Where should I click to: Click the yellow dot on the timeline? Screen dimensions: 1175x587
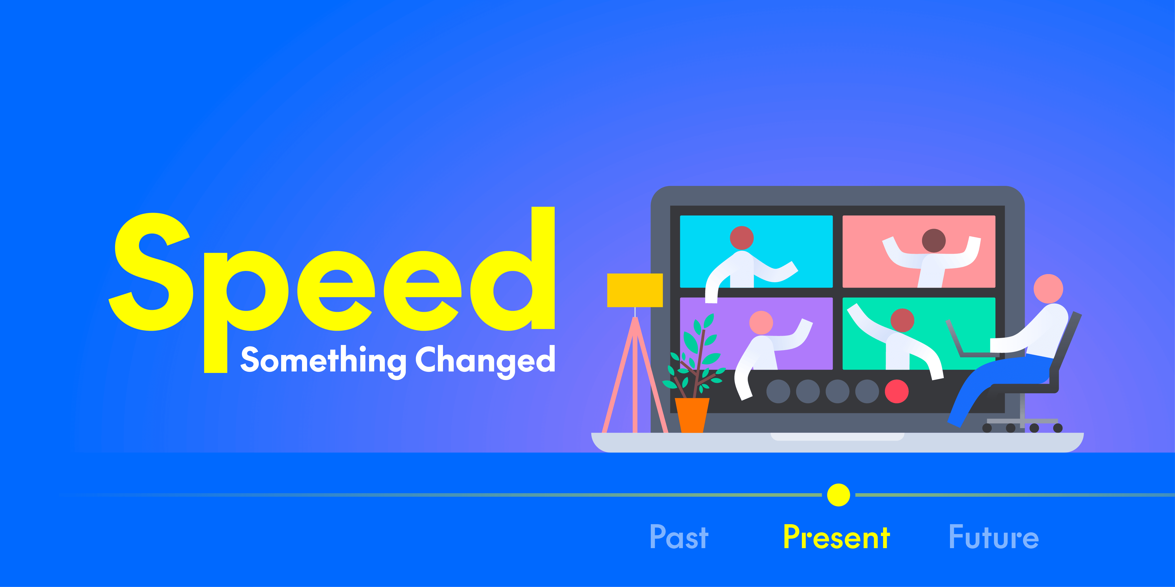coord(838,495)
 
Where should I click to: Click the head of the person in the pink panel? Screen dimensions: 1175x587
coord(934,241)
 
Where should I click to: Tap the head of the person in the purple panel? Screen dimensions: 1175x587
coord(761,323)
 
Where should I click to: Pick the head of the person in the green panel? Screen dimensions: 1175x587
coord(902,320)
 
